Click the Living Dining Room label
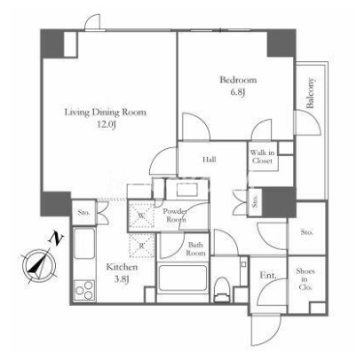coord(106,113)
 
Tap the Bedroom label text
coord(238,80)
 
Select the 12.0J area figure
coord(107,124)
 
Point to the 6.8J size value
coord(239,92)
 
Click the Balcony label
coord(310,93)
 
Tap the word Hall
coord(210,160)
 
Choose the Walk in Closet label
coord(262,157)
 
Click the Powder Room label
coord(175,215)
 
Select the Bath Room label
coord(195,249)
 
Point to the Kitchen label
coord(122,267)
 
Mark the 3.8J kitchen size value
coord(122,279)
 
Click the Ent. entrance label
coord(268,276)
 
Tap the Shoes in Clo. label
coord(305,279)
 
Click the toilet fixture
coord(222,289)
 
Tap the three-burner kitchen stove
coord(84,290)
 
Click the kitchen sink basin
coord(83,244)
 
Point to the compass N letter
coord(56,239)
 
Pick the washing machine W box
coord(142,215)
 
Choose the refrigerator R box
coord(142,245)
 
